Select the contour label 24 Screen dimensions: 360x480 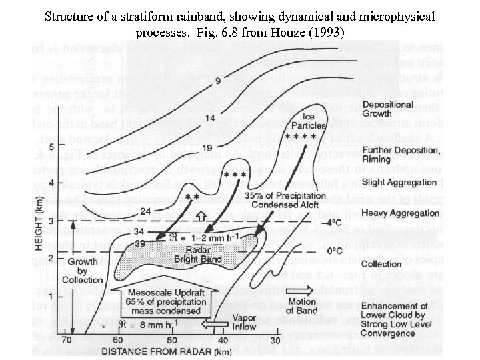click(163, 211)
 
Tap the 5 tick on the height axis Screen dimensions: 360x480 click(71, 147)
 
